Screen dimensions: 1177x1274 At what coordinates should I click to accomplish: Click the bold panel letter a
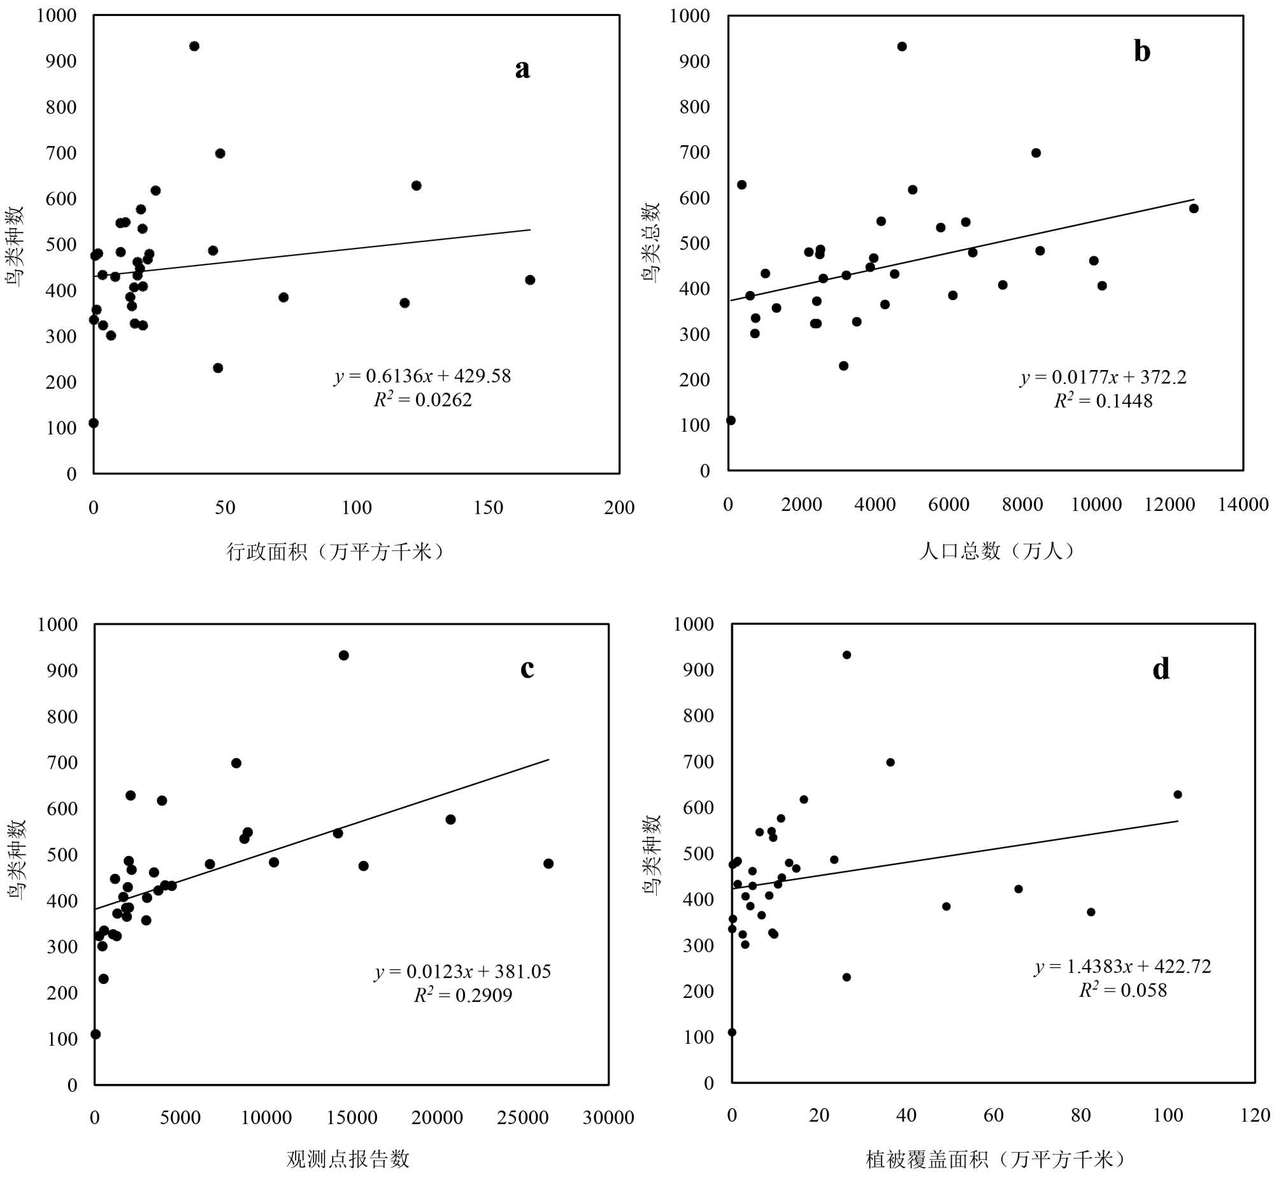pyautogui.click(x=522, y=69)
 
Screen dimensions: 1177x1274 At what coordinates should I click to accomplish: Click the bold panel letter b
pyautogui.click(x=1142, y=51)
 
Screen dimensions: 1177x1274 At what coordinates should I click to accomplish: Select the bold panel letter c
pyautogui.click(x=527, y=668)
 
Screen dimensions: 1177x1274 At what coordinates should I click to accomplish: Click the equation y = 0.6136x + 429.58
pyautogui.click(x=423, y=376)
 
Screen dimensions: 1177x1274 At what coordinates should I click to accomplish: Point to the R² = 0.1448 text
pyautogui.click(x=1103, y=401)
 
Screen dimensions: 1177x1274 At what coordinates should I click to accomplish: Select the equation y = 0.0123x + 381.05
pyautogui.click(x=463, y=971)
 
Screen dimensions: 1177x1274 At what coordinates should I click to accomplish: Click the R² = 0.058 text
pyautogui.click(x=1123, y=990)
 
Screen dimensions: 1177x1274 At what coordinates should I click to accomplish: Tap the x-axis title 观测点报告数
pyautogui.click(x=348, y=1159)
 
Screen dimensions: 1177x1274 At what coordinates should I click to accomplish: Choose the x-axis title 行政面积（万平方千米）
pyautogui.click(x=336, y=551)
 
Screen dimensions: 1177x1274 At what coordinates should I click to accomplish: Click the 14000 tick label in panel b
pyautogui.click(x=1243, y=504)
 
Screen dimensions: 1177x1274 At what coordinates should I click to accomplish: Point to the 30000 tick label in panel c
pyautogui.click(x=608, y=1117)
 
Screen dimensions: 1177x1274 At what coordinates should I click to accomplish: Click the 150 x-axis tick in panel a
pyautogui.click(x=488, y=508)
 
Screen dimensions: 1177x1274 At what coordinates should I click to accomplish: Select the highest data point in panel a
pyautogui.click(x=194, y=46)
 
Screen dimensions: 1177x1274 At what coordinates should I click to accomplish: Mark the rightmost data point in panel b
pyautogui.click(x=1194, y=208)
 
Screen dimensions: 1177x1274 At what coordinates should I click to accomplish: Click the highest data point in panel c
pyautogui.click(x=344, y=655)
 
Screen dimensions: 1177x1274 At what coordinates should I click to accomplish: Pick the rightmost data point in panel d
pyautogui.click(x=1178, y=794)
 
